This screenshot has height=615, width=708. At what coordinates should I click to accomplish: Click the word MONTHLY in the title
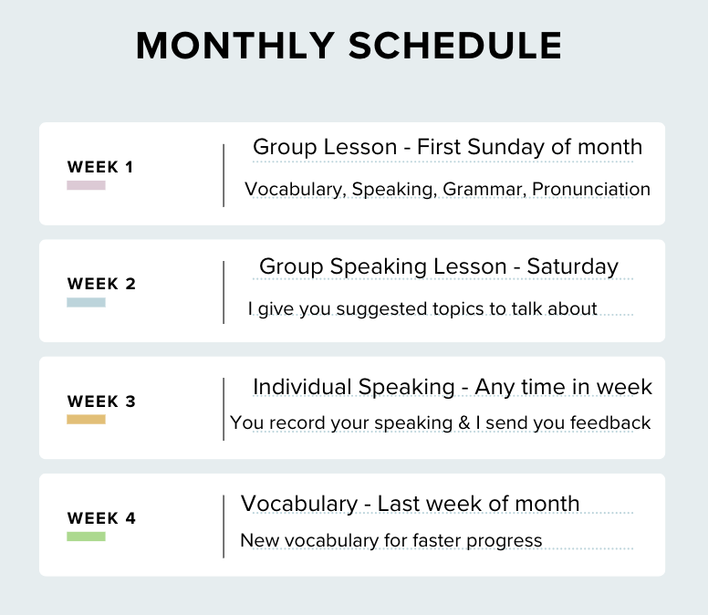[x=235, y=46]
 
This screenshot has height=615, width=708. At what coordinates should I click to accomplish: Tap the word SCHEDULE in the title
[x=455, y=46]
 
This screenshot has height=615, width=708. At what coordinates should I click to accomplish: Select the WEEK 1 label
[x=100, y=167]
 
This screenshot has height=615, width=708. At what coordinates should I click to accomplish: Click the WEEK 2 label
[x=101, y=284]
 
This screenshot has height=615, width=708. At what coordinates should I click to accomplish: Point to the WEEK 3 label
[x=101, y=401]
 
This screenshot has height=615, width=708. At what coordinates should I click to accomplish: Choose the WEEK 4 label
[x=101, y=518]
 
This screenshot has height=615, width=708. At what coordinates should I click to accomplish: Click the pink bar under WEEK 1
[x=87, y=185]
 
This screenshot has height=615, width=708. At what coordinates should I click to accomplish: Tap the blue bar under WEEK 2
[x=87, y=303]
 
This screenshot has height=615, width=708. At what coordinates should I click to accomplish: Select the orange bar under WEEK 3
[x=87, y=420]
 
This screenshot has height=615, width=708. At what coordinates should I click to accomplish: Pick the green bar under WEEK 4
[x=87, y=537]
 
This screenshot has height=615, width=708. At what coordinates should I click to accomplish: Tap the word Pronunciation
[x=591, y=189]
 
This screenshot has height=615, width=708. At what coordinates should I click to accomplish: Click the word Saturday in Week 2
[x=573, y=267]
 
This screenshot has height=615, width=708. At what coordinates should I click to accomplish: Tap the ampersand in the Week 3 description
[x=464, y=423]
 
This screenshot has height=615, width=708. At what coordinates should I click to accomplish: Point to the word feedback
[x=610, y=423]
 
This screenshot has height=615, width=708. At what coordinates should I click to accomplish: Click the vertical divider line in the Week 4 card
[x=224, y=526]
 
